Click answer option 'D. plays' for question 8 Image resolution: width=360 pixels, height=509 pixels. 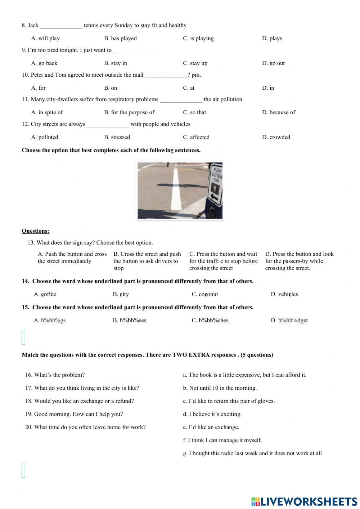tap(272, 39)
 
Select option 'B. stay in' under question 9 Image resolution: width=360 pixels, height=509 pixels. tap(115, 63)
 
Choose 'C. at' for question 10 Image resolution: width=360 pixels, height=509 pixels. tap(189, 88)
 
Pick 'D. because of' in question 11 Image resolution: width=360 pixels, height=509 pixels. tap(278, 112)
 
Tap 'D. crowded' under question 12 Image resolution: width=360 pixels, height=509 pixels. tap(276, 137)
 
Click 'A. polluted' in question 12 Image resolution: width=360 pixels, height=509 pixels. tap(45, 137)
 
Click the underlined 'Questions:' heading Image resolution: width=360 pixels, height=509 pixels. tap(35, 231)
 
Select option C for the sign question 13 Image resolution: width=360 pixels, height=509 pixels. tap(223, 261)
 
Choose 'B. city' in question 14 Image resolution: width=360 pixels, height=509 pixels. tap(121, 294)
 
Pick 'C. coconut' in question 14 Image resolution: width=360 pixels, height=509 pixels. tap(204, 294)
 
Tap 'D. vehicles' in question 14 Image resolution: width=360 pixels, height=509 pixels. tap(284, 294)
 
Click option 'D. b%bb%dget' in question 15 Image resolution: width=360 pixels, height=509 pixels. tap(289, 321)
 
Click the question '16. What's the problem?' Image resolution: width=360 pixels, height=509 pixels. tap(55, 375)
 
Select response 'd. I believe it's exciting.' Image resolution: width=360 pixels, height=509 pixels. tap(212, 414)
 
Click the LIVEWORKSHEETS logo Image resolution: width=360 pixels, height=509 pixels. tap(304, 501)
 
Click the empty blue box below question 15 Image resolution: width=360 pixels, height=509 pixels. tap(24, 338)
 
